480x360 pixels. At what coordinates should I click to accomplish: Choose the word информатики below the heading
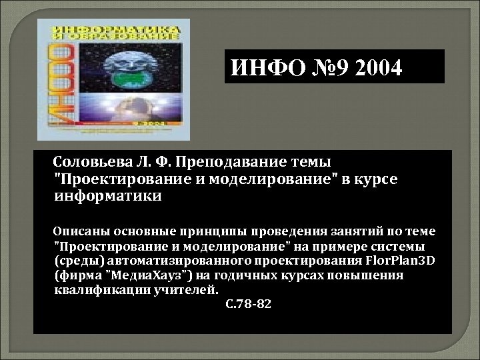[107, 197]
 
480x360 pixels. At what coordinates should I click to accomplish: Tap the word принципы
[216, 231]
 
